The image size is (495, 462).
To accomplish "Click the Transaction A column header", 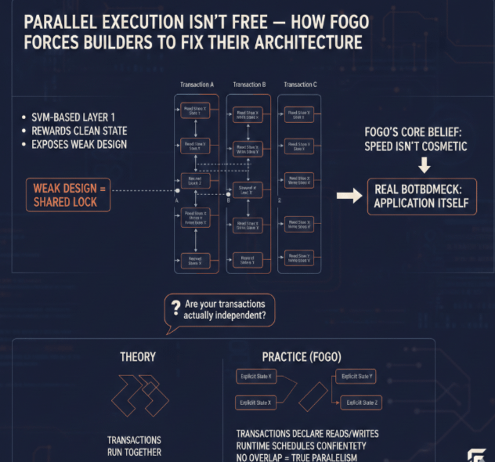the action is [197, 84].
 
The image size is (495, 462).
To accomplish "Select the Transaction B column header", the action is [249, 84].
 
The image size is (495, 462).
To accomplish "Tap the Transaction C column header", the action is [298, 84].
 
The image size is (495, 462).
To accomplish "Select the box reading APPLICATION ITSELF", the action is [421, 196].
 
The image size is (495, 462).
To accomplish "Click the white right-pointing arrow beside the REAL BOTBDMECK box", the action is [349, 197].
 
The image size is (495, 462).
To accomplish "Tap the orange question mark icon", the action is [173, 309].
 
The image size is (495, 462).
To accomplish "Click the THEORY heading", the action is [137, 356].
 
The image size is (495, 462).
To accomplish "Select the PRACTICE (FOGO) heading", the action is [301, 356].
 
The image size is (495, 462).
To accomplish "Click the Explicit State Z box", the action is [360, 402].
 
